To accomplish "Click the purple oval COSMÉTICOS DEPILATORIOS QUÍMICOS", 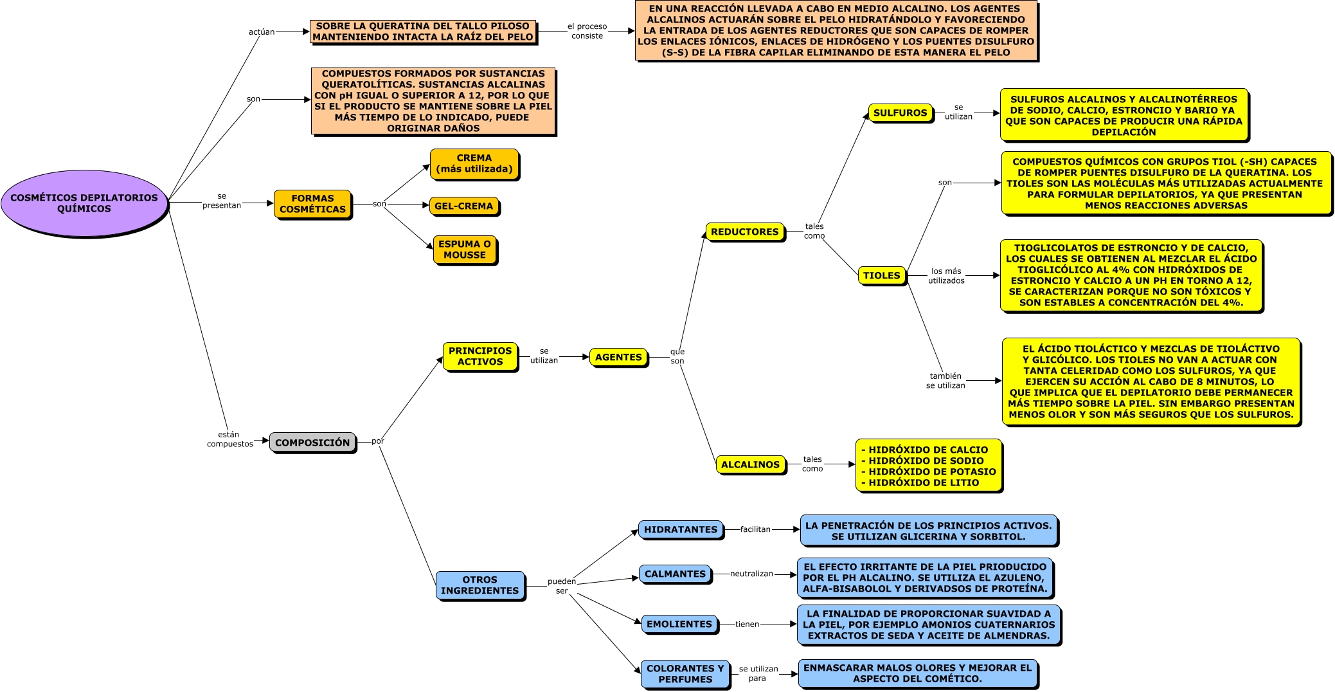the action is (84, 203).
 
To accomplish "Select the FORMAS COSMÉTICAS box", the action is (313, 205).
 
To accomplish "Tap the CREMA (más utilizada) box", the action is (474, 164).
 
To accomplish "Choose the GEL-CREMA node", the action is (464, 206).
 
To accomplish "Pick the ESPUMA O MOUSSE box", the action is (465, 250).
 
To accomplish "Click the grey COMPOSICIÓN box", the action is (312, 442).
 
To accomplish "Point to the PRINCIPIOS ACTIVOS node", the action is (480, 356).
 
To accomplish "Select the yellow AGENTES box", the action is (618, 357).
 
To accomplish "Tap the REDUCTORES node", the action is (745, 232).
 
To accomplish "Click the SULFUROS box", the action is (900, 113).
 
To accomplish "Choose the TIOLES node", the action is (882, 276).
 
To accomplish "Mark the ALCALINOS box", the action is (751, 464).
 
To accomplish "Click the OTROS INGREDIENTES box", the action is (480, 585).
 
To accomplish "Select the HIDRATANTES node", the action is (681, 530).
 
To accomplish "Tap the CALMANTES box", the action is (676, 574).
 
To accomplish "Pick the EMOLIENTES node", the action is (679, 624).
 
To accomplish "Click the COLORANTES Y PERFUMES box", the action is (685, 674).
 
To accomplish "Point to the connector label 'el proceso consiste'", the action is (587, 31).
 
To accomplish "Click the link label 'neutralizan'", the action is (751, 574).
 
